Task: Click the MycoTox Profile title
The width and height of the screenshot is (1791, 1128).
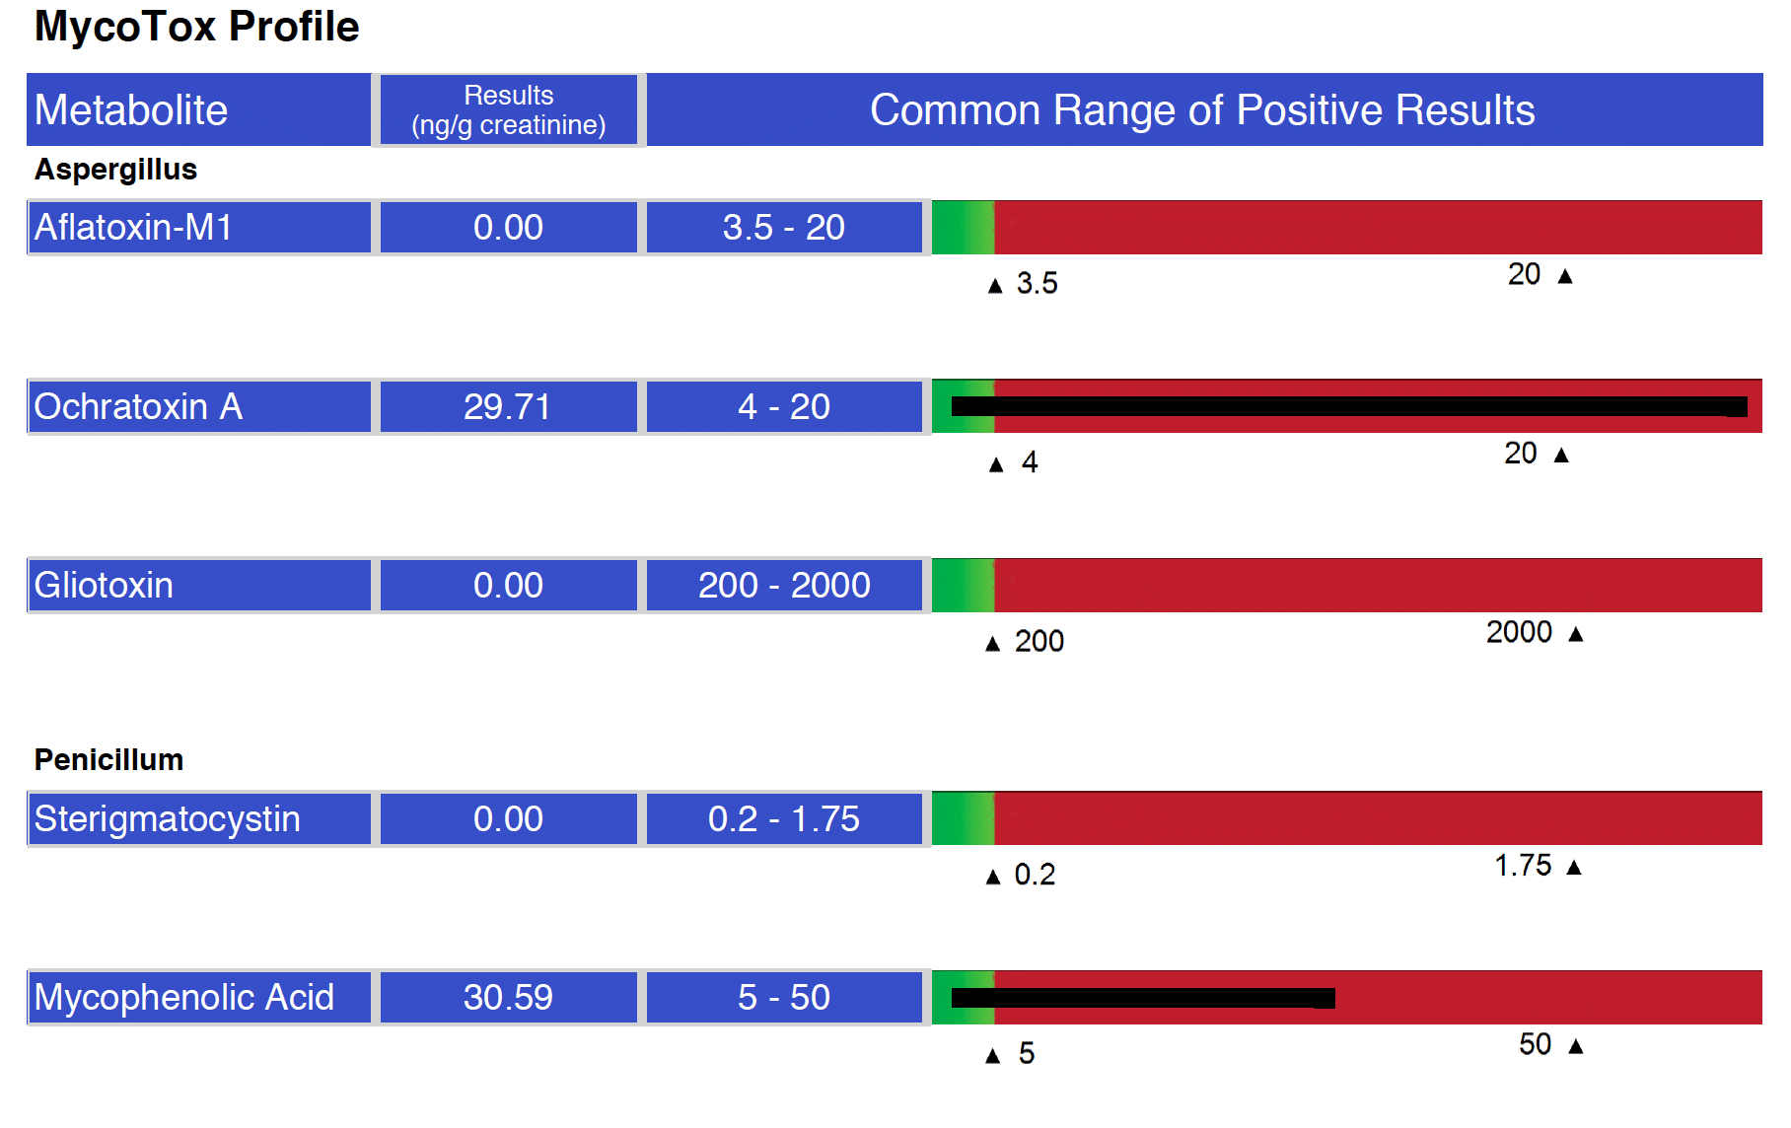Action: (x=196, y=27)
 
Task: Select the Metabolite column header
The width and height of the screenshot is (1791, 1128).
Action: (x=198, y=109)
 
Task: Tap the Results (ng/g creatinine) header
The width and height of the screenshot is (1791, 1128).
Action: (x=509, y=109)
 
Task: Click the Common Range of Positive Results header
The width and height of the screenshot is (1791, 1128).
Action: (x=1203, y=109)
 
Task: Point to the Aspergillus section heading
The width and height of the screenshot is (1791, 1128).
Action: (x=115, y=170)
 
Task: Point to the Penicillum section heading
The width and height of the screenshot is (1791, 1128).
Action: (x=108, y=759)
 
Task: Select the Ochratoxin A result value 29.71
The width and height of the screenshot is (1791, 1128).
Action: (x=509, y=406)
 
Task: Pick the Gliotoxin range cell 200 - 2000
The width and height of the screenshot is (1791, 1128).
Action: (x=784, y=585)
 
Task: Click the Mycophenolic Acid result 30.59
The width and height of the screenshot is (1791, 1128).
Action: (x=509, y=997)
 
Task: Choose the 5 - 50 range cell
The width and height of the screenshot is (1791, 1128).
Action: (x=784, y=997)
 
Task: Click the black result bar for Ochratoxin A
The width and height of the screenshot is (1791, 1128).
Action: (x=1349, y=406)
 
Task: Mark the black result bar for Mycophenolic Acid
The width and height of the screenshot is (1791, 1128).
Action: (x=1143, y=998)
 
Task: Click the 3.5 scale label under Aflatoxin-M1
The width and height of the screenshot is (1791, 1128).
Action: (x=1038, y=284)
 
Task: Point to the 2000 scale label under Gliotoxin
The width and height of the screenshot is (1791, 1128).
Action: (x=1519, y=632)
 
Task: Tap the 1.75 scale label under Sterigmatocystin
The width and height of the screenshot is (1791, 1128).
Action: (x=1523, y=866)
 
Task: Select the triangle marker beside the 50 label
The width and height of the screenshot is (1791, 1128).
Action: (x=1576, y=1046)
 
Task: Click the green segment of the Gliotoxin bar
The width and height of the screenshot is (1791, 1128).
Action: (x=963, y=585)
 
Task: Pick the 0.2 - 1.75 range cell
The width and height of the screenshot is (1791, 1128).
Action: (x=784, y=818)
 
